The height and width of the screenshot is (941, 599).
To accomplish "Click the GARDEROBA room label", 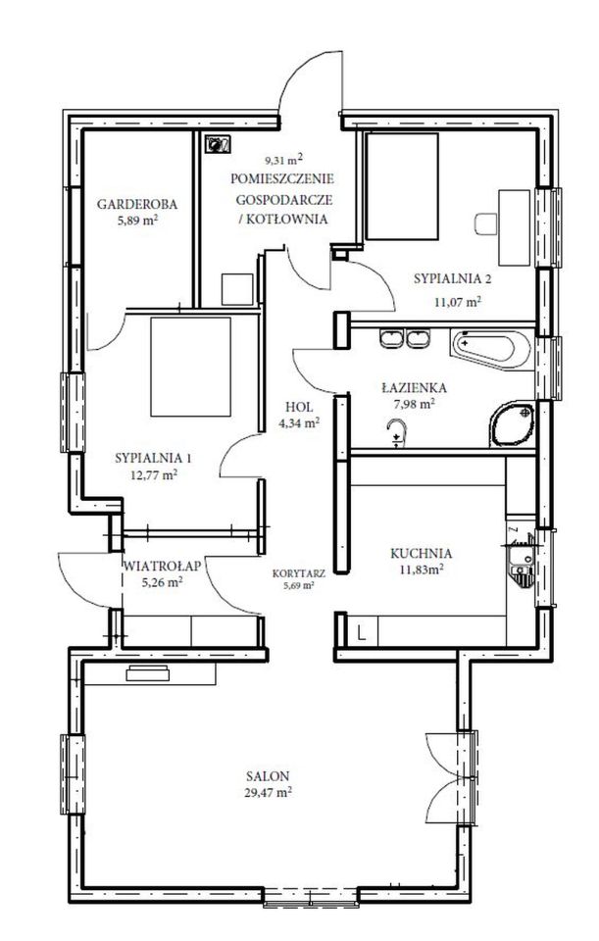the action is point(137,204).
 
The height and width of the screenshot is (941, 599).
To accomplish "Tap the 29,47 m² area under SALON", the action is point(269,792).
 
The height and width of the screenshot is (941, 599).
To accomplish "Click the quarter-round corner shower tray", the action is point(512,424).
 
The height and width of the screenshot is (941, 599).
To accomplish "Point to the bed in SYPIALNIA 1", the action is point(190,367).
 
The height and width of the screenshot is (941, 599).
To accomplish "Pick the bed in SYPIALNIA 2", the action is point(402,186).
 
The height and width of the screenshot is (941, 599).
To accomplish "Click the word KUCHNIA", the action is point(421,553).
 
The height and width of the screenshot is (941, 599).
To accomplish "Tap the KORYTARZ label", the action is point(299,573).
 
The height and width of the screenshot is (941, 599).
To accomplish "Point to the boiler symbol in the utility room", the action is point(218,144).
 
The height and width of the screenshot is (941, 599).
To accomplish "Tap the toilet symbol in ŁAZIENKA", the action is point(397,433).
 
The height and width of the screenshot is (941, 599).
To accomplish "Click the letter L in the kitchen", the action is point(362,632).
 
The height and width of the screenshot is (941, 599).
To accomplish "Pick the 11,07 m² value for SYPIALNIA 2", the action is point(458,302).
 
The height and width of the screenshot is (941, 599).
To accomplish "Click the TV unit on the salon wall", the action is point(148,674).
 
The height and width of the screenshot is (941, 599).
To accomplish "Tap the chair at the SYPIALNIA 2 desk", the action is point(485,223).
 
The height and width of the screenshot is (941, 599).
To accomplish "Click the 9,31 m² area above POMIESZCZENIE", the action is point(284,160).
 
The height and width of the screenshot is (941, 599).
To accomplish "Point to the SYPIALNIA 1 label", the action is point(153,459).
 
